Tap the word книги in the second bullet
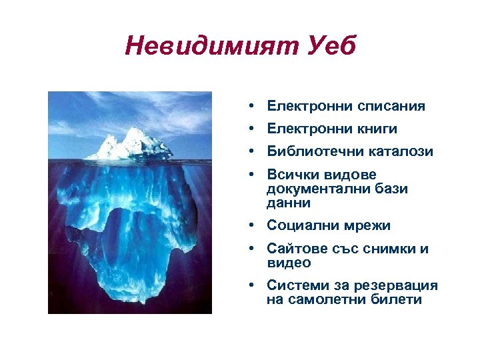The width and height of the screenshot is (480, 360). point(373,129)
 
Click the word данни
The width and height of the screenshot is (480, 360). point(289,203)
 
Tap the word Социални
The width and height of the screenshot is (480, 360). point(299,225)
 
